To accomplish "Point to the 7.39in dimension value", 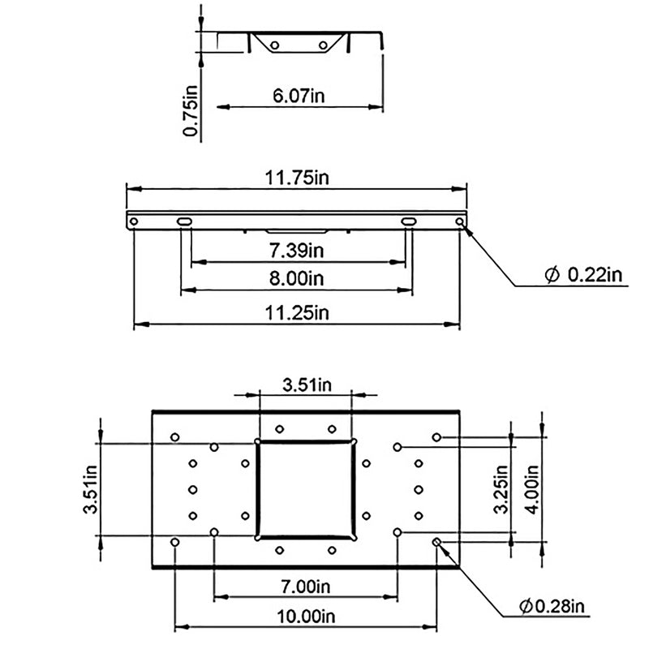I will click(x=297, y=250).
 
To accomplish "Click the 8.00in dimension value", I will click(x=297, y=278).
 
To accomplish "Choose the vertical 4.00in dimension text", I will click(x=533, y=485).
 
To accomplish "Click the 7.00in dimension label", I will click(x=305, y=586).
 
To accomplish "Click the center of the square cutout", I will click(x=306, y=489).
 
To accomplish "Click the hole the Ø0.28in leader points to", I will click(x=437, y=541).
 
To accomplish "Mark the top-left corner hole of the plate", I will click(x=175, y=437).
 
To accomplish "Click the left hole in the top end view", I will click(x=275, y=45).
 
